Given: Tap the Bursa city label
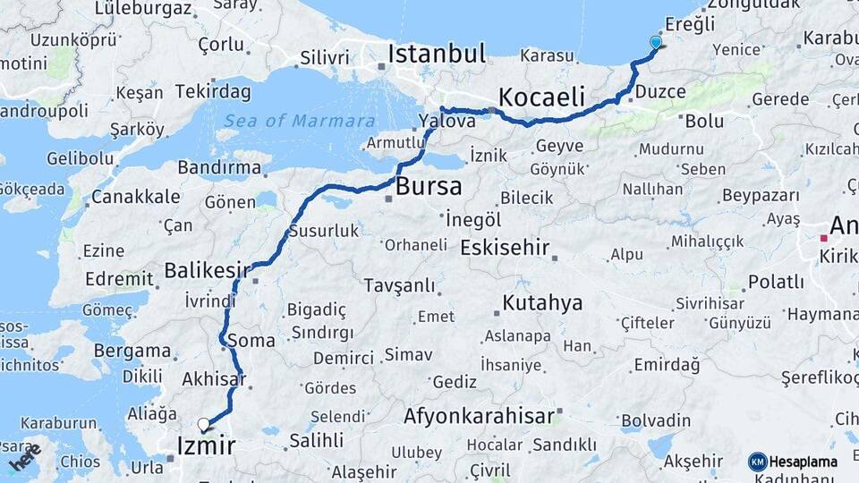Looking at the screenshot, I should pos(429,187).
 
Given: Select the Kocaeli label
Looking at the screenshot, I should pos(541,97).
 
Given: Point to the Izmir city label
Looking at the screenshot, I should pos(206,445).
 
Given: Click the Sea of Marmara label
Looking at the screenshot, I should pos(299,121).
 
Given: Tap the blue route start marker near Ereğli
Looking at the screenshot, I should pos(656,42).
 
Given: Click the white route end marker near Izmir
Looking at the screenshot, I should pos(204,426).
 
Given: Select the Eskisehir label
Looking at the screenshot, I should pos(504,248).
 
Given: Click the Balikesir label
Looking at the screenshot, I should pos(207,269).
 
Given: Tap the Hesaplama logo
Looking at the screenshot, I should pos(793,462).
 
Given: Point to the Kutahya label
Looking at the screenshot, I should pos(542,302).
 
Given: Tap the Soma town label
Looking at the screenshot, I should pos(251,340).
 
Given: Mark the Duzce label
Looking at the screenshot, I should pos(660,91).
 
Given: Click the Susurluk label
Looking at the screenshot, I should pos(323,231).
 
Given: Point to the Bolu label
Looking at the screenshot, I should pos(704,120).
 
